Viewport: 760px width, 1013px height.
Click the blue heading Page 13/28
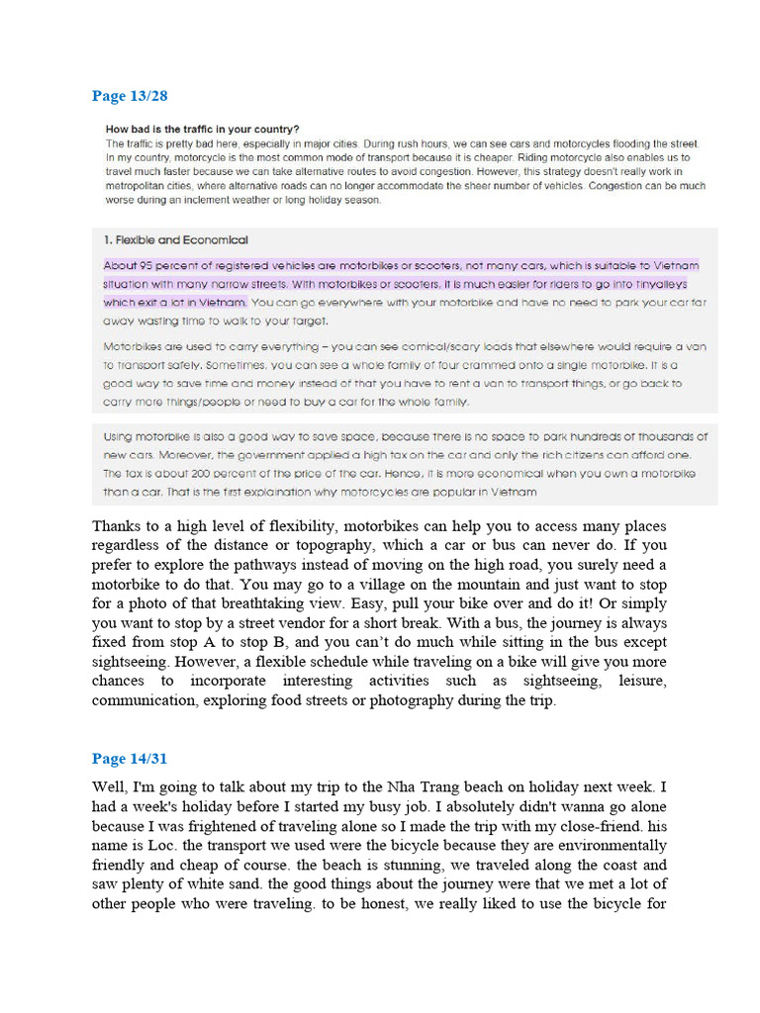pos(131,96)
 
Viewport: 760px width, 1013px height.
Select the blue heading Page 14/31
pos(131,759)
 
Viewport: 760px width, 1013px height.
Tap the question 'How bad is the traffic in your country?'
pos(203,130)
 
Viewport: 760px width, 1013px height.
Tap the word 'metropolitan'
pos(142,185)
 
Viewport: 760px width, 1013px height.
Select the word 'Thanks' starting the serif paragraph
pos(116,525)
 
